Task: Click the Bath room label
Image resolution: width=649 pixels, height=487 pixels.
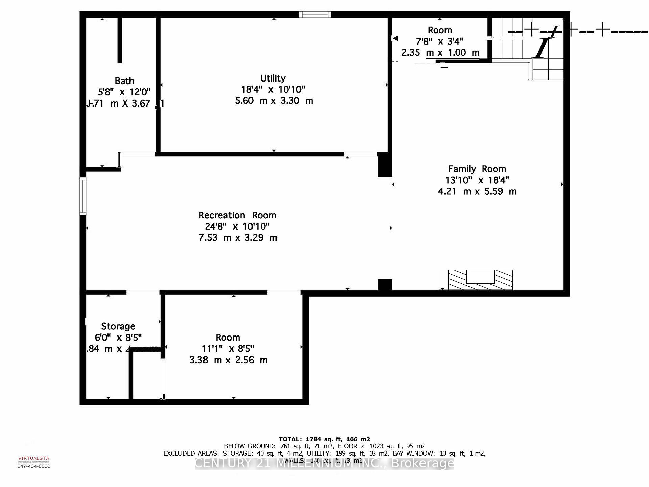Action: (124, 81)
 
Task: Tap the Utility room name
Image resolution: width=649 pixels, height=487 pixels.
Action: (273, 78)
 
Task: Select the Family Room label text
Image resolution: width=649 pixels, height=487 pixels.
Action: (477, 169)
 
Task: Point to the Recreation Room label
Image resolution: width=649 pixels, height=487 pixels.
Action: (237, 215)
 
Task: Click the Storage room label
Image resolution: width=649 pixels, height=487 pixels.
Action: (118, 326)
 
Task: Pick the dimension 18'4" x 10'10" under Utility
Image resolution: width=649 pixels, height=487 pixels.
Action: (273, 90)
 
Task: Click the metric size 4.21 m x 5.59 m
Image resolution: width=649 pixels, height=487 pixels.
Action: (477, 192)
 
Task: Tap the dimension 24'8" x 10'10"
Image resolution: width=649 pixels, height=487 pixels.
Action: (237, 227)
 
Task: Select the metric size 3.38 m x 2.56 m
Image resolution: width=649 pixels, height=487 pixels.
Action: (228, 360)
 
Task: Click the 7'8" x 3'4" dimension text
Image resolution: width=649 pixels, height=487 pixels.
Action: (439, 41)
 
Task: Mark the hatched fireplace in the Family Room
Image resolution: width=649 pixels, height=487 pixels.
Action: (480, 280)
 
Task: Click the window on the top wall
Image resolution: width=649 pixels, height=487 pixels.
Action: (315, 15)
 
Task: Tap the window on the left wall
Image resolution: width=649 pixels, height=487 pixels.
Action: (83, 196)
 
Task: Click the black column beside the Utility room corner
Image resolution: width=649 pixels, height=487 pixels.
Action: (385, 164)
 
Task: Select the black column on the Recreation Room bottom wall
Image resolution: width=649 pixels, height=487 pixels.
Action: (385, 285)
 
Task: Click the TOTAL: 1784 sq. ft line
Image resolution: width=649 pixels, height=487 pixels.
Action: (324, 439)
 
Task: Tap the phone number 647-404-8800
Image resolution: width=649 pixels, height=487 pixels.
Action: (34, 466)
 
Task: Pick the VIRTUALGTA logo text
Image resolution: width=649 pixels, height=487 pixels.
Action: (34, 459)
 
